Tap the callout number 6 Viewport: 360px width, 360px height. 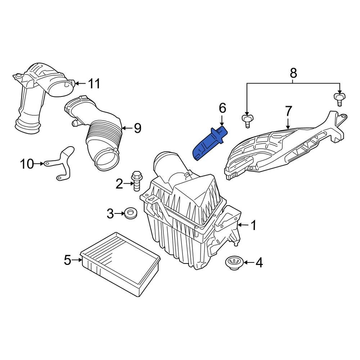[222, 107]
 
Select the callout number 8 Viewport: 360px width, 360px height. [293, 73]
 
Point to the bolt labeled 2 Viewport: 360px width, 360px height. [136, 182]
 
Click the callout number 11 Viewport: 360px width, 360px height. [94, 84]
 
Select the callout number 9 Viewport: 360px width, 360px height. [137, 128]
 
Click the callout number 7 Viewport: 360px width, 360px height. [289, 111]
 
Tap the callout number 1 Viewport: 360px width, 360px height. [253, 225]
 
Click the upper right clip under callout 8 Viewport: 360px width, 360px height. [339, 98]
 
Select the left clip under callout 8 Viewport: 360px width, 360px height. [247, 120]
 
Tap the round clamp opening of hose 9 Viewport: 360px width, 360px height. [107, 159]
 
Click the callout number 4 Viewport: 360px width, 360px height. [259, 263]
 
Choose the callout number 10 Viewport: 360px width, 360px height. [27, 164]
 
